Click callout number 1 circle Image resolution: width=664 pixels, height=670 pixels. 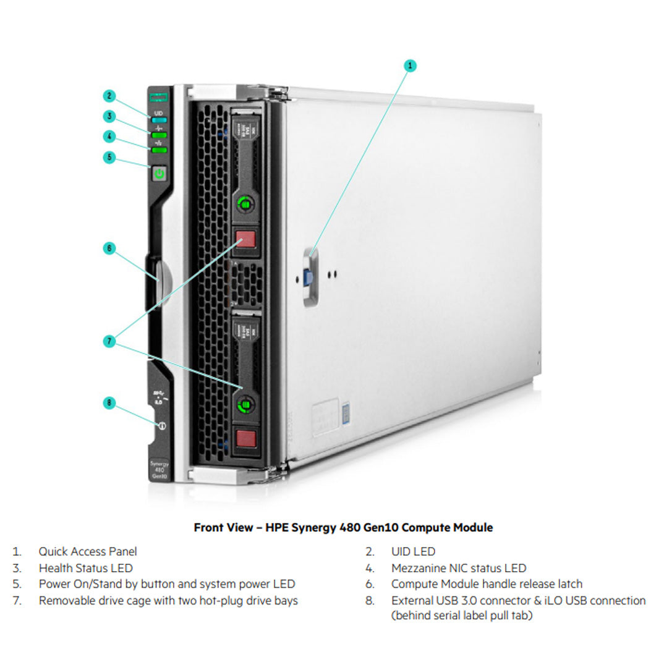coord(410,65)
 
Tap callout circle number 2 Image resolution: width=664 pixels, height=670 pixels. coord(109,96)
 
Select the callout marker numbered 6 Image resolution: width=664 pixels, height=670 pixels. coord(109,248)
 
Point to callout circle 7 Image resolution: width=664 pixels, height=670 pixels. coord(109,341)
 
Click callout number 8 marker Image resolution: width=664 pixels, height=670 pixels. coord(109,403)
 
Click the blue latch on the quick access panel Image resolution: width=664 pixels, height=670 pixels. coord(307,276)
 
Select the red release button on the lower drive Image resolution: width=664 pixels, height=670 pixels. coord(245,438)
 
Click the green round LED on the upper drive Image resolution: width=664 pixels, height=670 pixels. coord(245,203)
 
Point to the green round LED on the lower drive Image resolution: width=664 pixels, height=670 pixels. coord(245,404)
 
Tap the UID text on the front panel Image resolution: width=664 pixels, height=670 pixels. coord(159,113)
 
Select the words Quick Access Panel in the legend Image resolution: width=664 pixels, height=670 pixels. coord(88,551)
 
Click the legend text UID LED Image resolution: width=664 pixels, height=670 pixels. coord(413,551)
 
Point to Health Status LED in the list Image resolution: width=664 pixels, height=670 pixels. coord(85,567)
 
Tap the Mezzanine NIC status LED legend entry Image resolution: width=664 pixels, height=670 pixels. coord(458,567)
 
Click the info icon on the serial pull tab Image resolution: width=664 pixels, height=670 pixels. coord(162,426)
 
